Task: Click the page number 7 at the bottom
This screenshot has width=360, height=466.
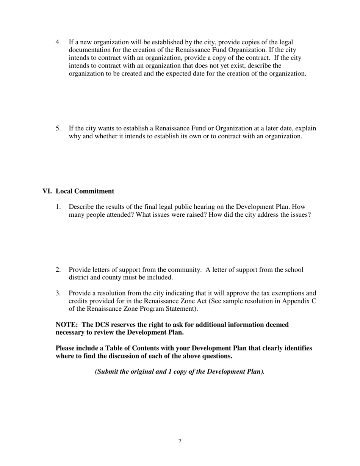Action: (x=180, y=441)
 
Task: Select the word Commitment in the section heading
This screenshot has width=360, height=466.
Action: (x=94, y=191)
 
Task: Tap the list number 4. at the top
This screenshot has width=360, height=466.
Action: (x=58, y=42)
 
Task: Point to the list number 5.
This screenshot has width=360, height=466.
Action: (x=58, y=128)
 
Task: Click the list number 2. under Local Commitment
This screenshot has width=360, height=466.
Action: (x=58, y=270)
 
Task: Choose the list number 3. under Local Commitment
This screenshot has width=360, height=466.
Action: (x=58, y=293)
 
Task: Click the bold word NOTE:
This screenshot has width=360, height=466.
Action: (x=67, y=325)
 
